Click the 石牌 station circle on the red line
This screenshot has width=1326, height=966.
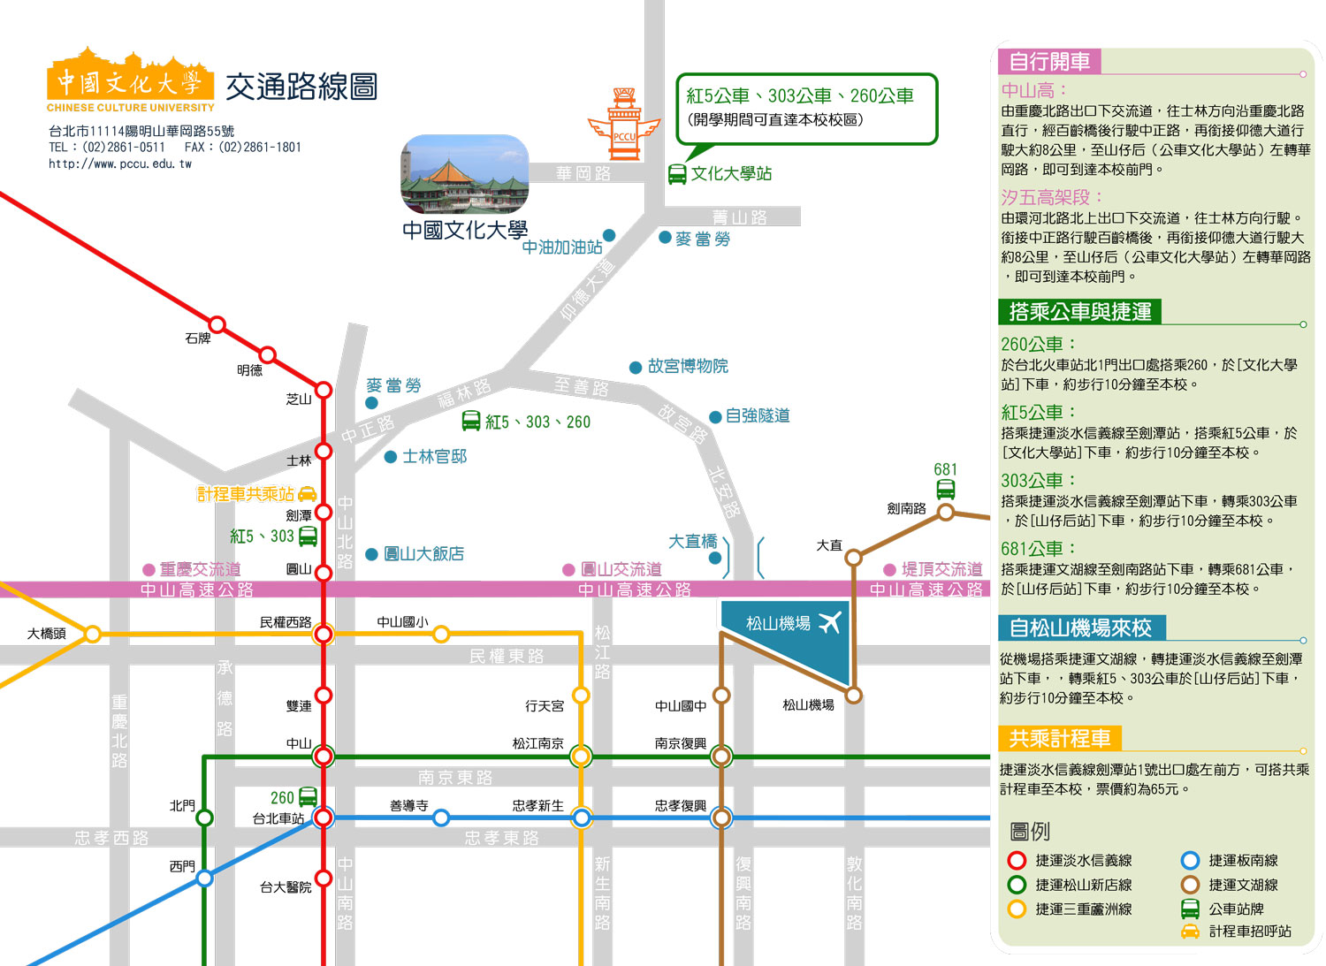217,324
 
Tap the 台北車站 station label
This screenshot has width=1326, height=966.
278,818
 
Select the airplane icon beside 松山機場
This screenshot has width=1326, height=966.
830,623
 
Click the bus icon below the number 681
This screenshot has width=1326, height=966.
945,489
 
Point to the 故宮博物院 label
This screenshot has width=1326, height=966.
688,366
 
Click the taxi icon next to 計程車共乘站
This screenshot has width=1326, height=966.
308,493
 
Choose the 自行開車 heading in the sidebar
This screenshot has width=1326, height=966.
1049,61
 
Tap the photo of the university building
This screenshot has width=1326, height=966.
465,174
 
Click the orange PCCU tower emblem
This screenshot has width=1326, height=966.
624,125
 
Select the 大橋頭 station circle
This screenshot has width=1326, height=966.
92,634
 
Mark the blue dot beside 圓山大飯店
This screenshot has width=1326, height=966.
372,554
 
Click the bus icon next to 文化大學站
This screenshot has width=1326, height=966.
677,174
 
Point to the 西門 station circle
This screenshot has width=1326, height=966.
204,878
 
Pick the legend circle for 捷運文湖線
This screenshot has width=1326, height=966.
1190,885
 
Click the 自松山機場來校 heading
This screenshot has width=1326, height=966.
1081,628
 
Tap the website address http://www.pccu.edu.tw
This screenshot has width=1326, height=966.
120,164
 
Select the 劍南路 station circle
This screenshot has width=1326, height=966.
946,512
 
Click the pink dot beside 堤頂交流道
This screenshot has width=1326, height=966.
889,570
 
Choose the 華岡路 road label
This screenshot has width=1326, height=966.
583,173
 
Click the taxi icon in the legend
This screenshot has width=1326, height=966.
1190,932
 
